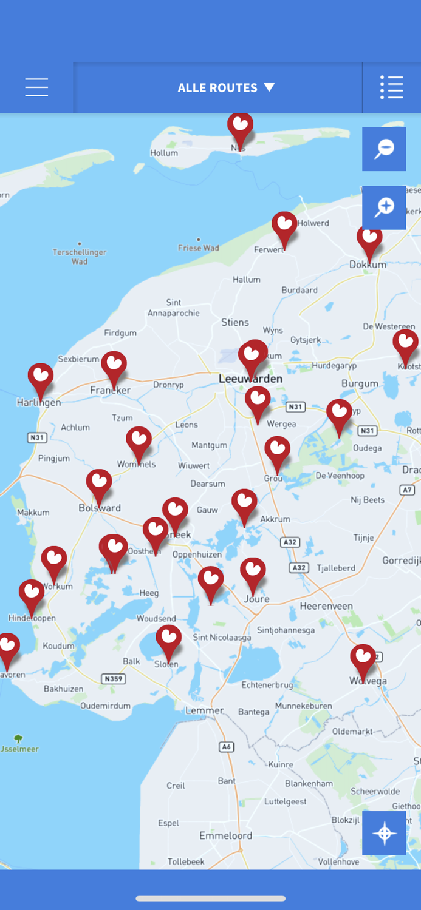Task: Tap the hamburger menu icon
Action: pos(36,87)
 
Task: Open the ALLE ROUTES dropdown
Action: pos(226,87)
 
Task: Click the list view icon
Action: pos(392,87)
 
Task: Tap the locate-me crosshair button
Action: pos(384,833)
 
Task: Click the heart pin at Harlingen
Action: pos(41,377)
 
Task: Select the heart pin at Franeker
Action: pos(114,365)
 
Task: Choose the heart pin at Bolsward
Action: pos(99,483)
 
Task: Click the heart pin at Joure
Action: pos(253,571)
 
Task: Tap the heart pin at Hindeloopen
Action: pos(32,593)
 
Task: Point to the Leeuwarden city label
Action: pos(250,379)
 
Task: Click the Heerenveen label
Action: pos(326,606)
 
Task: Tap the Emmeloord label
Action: pos(226,835)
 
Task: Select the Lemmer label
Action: pos(205,710)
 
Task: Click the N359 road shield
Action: pos(114,678)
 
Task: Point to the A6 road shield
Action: pos(227,747)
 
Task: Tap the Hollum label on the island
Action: pos(164,153)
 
